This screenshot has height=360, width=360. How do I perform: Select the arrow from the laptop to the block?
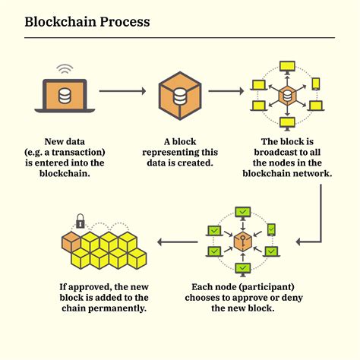point(122,92)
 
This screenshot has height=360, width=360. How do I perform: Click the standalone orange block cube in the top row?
point(180,94)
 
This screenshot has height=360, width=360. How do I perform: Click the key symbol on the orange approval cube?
point(242,242)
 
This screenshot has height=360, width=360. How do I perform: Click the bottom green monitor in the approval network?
point(242,269)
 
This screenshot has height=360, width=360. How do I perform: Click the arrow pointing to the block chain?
point(177,242)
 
